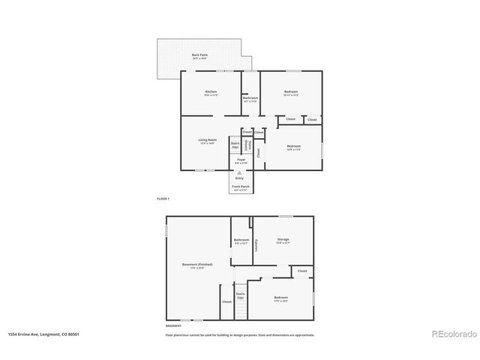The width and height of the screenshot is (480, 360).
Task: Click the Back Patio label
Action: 199,55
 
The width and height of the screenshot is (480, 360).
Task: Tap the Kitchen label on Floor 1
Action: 211,92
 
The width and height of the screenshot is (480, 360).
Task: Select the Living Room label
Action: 208,140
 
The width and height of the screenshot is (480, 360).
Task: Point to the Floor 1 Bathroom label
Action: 250,98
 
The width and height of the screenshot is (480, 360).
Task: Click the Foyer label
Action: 241,160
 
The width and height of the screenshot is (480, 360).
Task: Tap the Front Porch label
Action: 241,187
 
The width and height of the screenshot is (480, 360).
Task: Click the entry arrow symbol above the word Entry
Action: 240,172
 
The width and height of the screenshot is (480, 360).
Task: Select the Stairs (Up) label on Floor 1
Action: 235,144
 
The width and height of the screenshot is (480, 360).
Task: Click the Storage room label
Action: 283,240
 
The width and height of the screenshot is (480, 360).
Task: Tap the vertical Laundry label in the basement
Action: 256,244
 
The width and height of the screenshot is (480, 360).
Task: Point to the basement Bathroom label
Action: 241,240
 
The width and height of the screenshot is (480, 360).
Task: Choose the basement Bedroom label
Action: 280,298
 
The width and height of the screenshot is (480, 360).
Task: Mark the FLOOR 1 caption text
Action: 163,199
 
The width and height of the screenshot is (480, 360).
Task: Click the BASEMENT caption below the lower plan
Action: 173,326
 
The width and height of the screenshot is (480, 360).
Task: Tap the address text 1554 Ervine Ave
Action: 43,334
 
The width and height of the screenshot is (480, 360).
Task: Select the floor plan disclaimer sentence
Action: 240,334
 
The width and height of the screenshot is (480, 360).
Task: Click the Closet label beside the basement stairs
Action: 226,302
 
